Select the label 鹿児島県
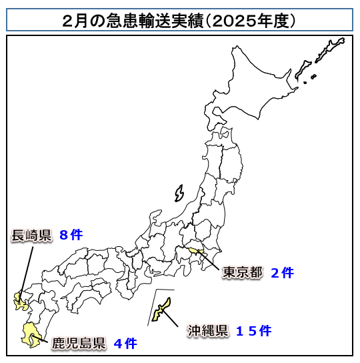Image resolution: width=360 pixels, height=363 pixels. coord(79,344)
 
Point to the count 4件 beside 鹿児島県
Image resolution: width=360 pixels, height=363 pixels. coord(125,344)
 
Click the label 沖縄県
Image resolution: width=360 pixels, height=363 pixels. coord(207,330)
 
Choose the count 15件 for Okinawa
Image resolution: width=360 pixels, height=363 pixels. coord(253,330)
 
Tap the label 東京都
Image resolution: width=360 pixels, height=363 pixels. coord(243,272)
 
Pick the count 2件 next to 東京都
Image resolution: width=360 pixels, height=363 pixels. coord(282,272)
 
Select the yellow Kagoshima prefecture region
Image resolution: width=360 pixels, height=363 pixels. coord(29,334)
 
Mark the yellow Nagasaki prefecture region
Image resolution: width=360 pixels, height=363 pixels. coord(18,302)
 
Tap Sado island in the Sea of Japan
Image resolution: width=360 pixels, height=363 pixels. coord(179,194)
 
